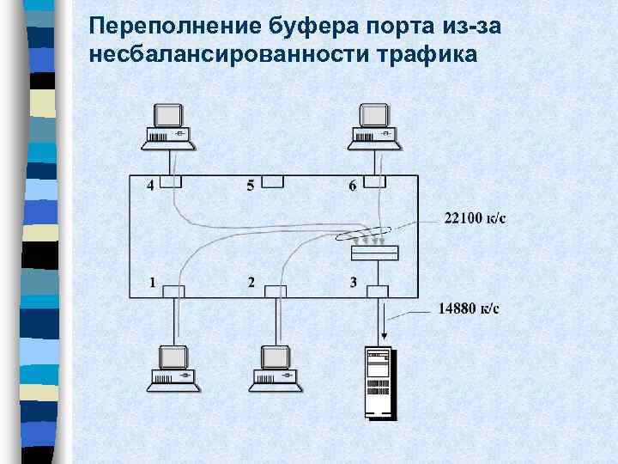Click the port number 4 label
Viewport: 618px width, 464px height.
pyautogui.click(x=151, y=185)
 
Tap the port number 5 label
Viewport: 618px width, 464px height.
pyautogui.click(x=251, y=185)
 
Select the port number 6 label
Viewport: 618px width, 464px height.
pyautogui.click(x=352, y=185)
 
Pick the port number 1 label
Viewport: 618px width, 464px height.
pyautogui.click(x=152, y=281)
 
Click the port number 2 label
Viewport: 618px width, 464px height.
pyautogui.click(x=251, y=281)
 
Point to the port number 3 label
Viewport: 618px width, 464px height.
pyautogui.click(x=353, y=281)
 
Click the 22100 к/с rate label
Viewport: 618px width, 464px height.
pyautogui.click(x=475, y=217)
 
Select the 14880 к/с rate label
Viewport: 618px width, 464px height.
pyautogui.click(x=469, y=308)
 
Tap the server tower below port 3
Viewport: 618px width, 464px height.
pyautogui.click(x=378, y=382)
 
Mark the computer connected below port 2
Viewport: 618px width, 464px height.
pyautogui.click(x=276, y=368)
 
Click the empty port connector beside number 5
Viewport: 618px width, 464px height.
pyautogui.click(x=274, y=181)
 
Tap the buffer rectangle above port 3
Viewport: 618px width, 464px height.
pyautogui.click(x=375, y=253)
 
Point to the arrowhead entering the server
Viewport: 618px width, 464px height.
pyautogui.click(x=377, y=340)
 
